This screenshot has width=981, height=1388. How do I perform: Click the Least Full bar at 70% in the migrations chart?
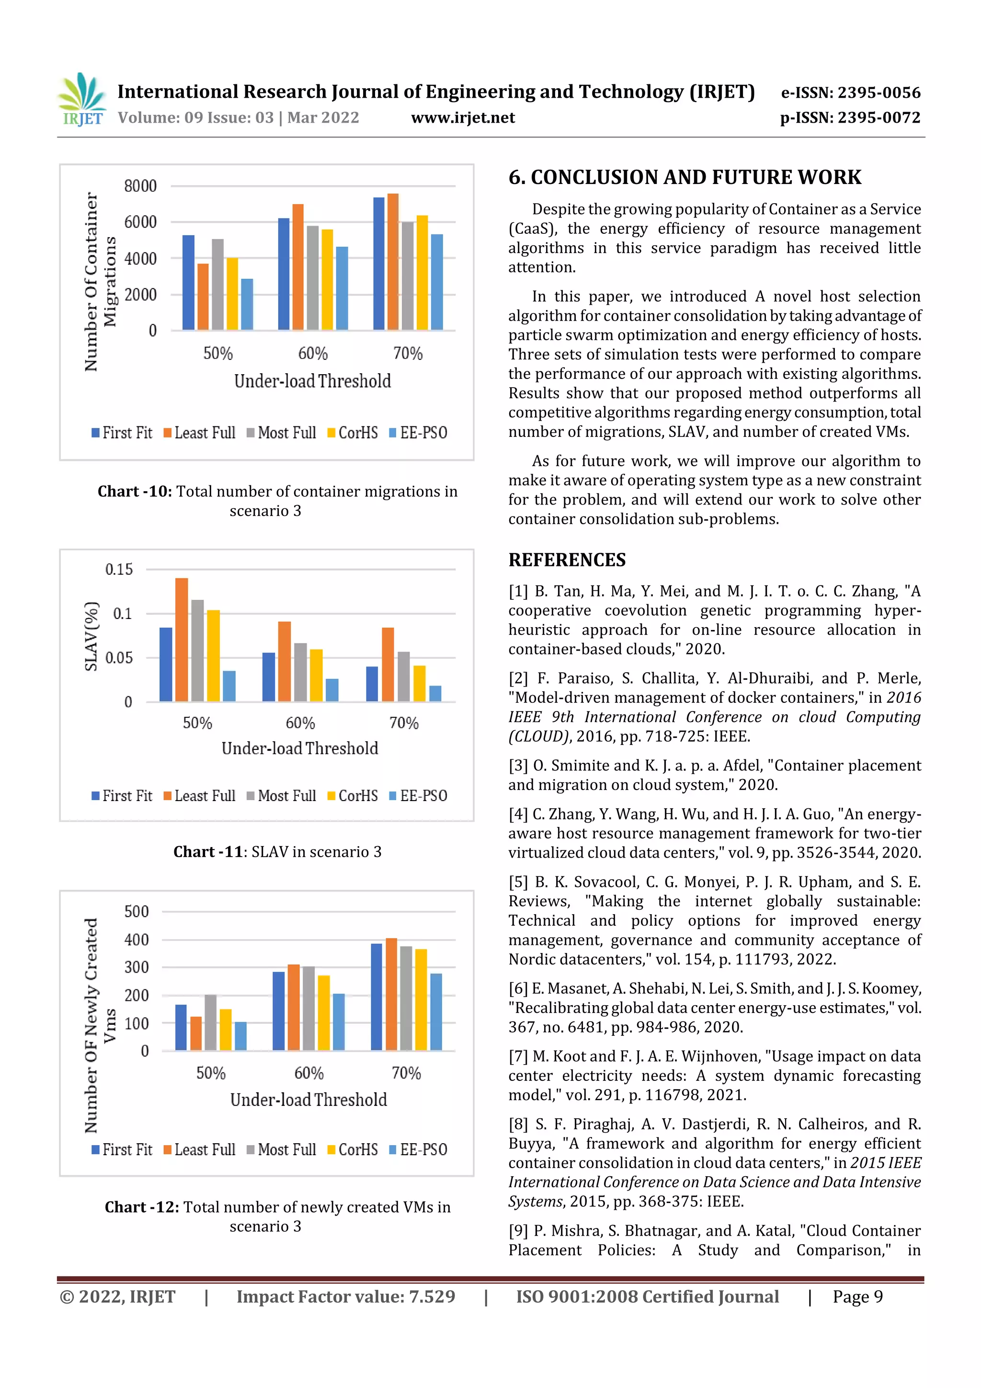point(393,261)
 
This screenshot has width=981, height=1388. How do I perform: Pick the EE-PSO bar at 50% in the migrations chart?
point(247,304)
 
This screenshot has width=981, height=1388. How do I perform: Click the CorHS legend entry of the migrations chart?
point(353,433)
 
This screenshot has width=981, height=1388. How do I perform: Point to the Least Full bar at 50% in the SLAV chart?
point(182,640)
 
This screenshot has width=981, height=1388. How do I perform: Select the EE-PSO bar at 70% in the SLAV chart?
point(435,693)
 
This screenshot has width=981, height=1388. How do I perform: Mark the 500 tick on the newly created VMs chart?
point(136,912)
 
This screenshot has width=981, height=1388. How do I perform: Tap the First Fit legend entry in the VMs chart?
point(122,1149)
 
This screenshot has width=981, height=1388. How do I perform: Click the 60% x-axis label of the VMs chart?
point(309,1073)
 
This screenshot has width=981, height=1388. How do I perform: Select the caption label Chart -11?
point(208,852)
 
